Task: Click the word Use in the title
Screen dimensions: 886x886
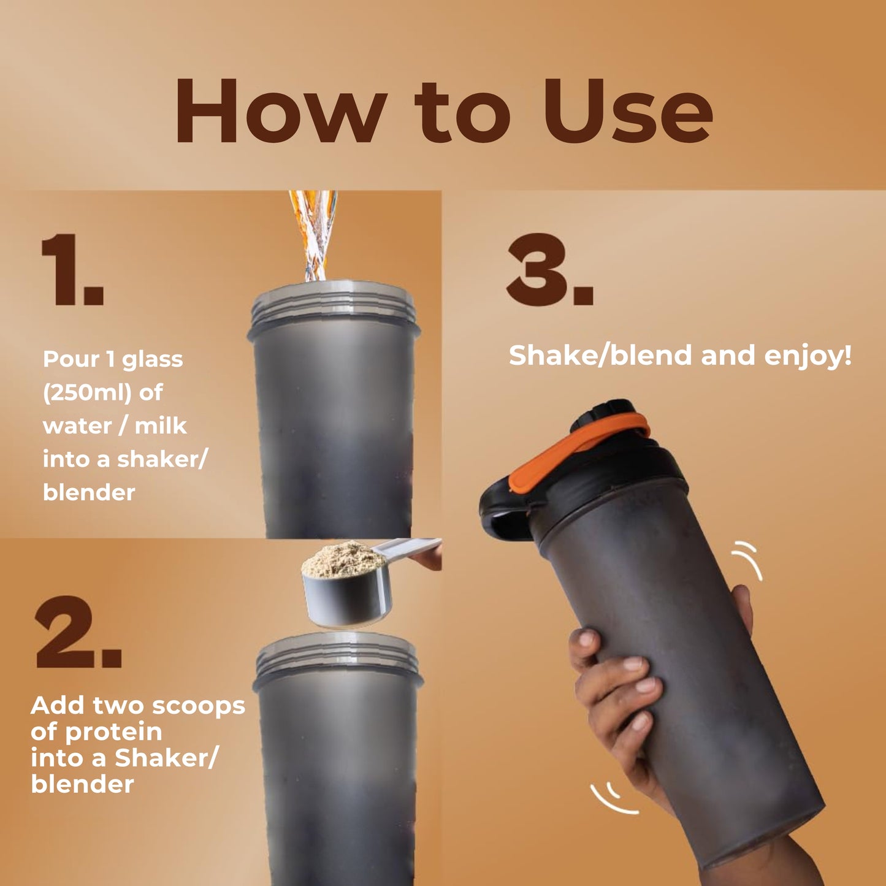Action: click(x=627, y=111)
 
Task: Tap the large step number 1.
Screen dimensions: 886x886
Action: click(x=72, y=269)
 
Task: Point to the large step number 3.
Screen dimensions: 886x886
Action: click(x=550, y=269)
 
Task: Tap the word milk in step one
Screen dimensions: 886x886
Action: click(x=161, y=426)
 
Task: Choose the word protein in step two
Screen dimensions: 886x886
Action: click(x=113, y=731)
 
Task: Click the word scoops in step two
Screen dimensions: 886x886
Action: click(x=198, y=706)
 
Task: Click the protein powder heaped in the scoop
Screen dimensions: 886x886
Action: click(x=344, y=559)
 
